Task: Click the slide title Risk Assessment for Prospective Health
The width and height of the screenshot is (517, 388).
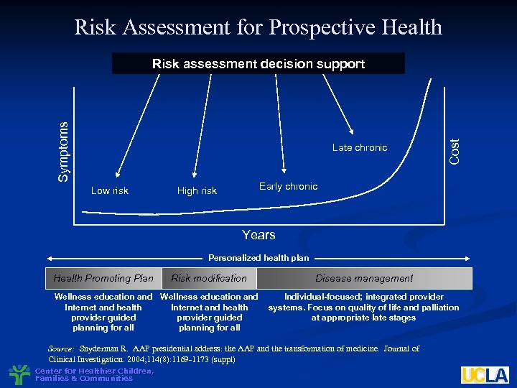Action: point(258,27)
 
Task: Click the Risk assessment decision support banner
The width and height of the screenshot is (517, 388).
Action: point(258,64)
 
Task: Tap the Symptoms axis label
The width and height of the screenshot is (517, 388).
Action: point(64,151)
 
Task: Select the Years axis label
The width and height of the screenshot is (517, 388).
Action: point(258,235)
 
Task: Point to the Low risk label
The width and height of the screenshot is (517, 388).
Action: point(110,190)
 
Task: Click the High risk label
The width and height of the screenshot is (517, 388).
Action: point(197,190)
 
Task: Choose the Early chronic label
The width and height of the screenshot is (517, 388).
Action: point(288,186)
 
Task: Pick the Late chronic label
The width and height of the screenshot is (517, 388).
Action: point(360,147)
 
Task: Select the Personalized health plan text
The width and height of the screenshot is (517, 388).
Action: point(258,258)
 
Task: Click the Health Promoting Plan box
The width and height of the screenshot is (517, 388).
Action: point(103,278)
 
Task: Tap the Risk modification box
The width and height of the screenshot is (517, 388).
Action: point(209,278)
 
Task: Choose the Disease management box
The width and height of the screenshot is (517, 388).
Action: point(364,278)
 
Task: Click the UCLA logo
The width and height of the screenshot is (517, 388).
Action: point(485,374)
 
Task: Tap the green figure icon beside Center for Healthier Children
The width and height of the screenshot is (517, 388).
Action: point(19,374)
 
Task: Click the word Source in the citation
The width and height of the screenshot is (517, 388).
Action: point(61,348)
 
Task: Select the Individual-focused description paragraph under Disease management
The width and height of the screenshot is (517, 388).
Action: point(363,307)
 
